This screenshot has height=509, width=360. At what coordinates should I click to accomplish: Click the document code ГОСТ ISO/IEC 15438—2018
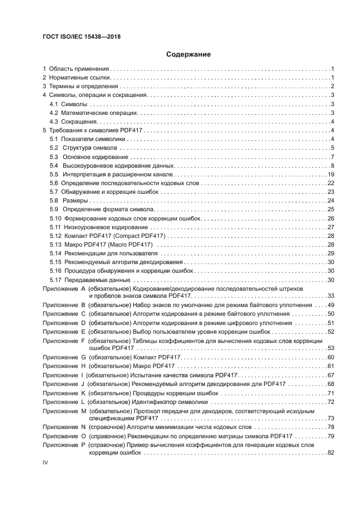81,36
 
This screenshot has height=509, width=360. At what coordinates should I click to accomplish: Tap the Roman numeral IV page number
46,462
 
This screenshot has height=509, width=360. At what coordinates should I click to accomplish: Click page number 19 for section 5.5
330,174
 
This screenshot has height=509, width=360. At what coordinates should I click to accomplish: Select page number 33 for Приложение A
330,295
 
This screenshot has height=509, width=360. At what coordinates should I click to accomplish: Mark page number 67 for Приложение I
330,375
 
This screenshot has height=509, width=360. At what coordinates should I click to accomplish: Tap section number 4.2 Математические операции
53,113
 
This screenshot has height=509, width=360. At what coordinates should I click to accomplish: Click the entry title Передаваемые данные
97,280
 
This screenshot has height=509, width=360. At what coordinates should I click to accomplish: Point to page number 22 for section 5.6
330,183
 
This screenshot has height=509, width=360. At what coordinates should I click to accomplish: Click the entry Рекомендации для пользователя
111,253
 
